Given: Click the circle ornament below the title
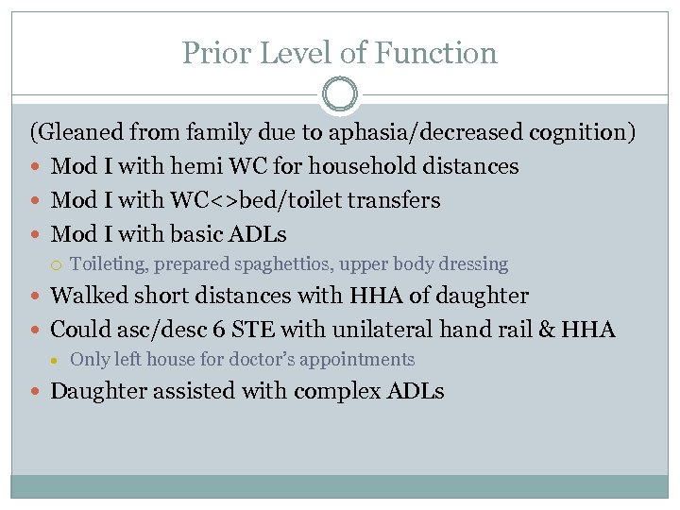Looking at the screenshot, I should point(340,95).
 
